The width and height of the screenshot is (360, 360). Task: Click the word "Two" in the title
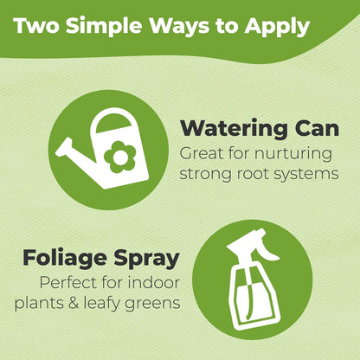point(36,26)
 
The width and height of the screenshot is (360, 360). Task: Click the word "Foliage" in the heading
point(65,259)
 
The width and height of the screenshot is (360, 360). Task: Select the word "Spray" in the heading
point(146,259)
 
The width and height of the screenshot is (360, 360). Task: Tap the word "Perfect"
point(68,283)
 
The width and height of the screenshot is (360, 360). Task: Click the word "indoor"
point(154,283)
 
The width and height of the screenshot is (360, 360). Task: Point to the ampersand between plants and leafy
point(74,303)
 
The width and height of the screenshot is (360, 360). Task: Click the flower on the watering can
point(119,157)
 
